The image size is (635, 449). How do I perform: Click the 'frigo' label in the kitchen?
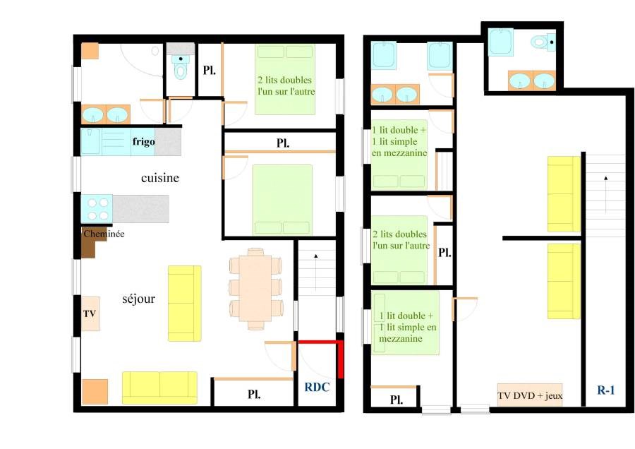[x=143, y=142]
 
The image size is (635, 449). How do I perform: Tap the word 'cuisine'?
[x=160, y=178]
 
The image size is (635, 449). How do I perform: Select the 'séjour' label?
[x=138, y=299]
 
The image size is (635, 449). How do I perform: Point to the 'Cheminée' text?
[x=104, y=234]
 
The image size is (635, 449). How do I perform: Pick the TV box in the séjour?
[x=90, y=313]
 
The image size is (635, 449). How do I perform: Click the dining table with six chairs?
[x=256, y=289]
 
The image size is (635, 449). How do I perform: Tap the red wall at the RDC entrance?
[x=340, y=358]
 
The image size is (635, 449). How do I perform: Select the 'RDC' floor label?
[x=317, y=387]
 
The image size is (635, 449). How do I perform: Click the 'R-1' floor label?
[x=606, y=389]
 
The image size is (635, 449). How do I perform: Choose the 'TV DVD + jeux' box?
[x=529, y=395]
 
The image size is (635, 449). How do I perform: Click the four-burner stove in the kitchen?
[x=97, y=209]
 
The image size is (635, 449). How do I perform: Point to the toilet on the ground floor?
[x=181, y=68]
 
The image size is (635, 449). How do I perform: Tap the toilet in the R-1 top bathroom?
[x=541, y=42]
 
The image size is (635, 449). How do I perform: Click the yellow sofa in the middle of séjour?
[x=184, y=304]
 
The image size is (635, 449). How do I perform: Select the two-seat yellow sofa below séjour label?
[x=159, y=388]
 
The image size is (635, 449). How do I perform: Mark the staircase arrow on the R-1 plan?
[x=605, y=189]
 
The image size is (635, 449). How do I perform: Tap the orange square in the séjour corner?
[x=95, y=392]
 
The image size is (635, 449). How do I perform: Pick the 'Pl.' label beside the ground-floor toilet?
[x=209, y=70]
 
